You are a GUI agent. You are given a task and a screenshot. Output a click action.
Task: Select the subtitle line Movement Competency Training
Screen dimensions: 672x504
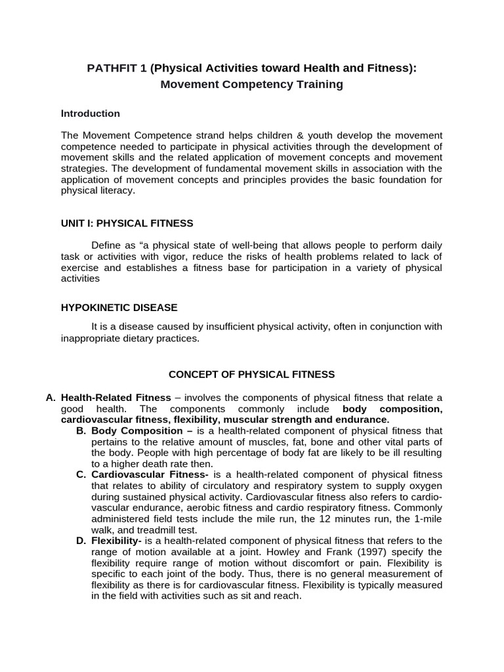coord(252,85)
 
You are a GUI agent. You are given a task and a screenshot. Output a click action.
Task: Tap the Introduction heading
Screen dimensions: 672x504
coord(91,114)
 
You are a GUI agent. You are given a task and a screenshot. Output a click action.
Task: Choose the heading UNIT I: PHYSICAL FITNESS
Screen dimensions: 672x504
coord(127,223)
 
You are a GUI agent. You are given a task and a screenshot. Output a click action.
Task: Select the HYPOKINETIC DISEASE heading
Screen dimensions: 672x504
coord(119,307)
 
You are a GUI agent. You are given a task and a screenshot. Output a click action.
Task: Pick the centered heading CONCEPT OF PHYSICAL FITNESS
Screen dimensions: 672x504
coord(252,375)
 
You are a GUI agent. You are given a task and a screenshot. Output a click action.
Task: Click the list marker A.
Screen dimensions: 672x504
coord(51,398)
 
